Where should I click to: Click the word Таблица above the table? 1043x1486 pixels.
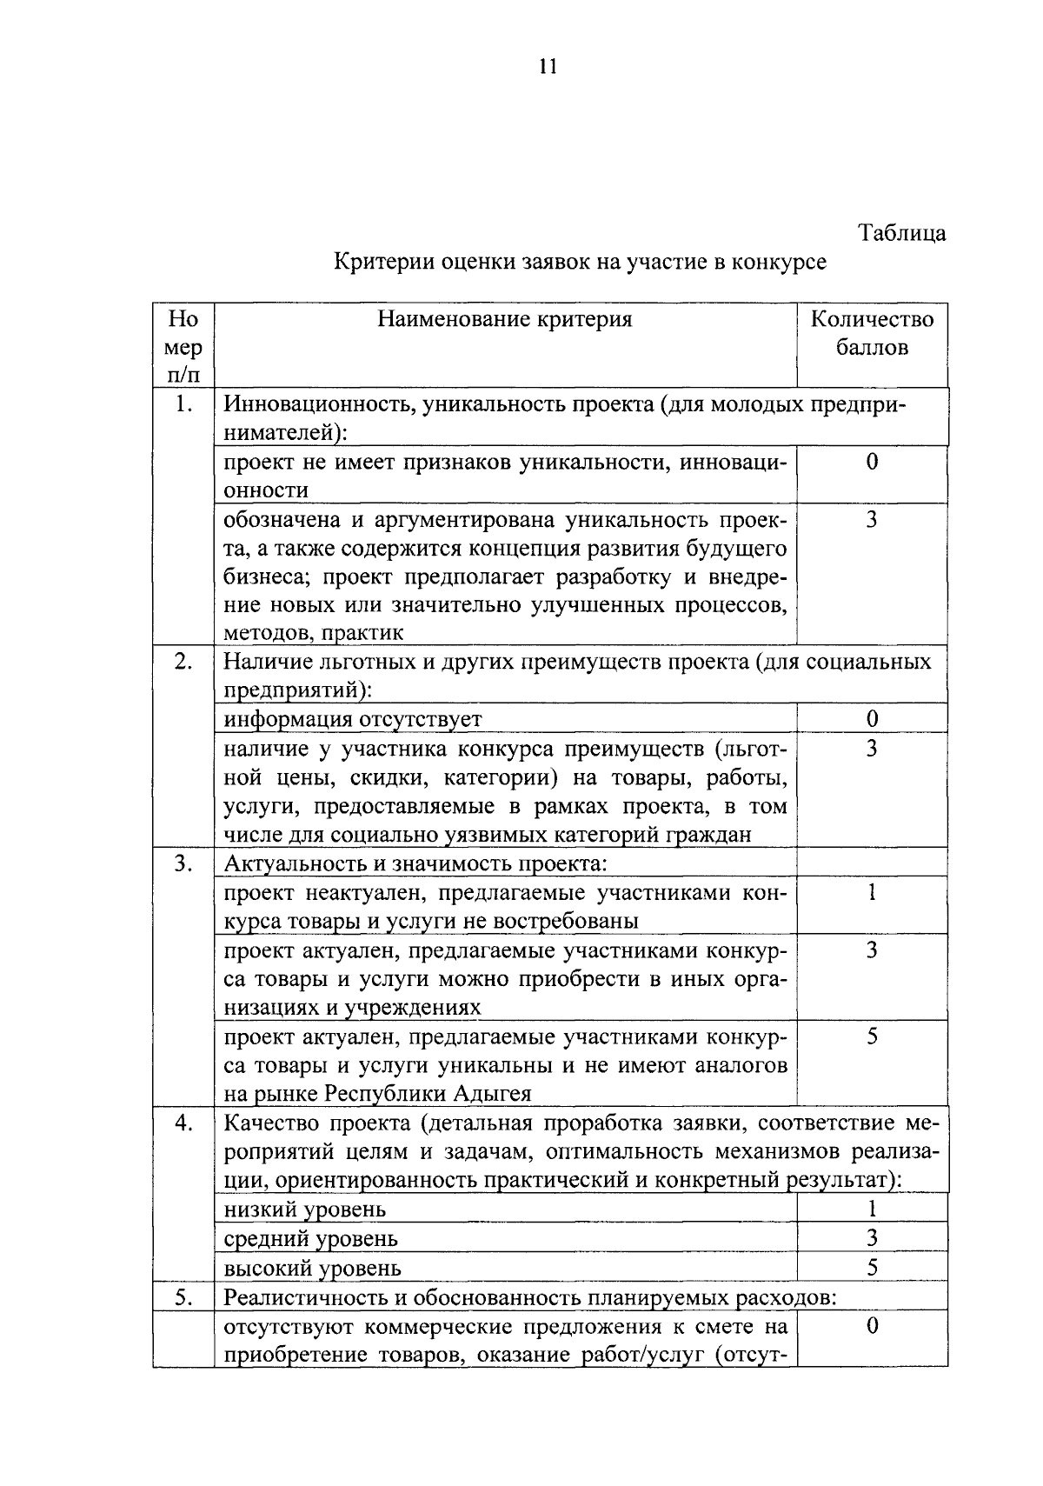click(x=901, y=233)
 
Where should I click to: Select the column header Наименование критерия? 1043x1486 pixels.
click(x=504, y=319)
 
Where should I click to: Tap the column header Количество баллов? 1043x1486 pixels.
click(x=872, y=333)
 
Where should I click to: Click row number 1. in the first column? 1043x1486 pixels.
click(x=182, y=403)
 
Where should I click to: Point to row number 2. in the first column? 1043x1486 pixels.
click(x=183, y=661)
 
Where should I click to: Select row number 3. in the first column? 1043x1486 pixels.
click(x=183, y=863)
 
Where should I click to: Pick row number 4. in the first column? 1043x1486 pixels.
click(x=183, y=1123)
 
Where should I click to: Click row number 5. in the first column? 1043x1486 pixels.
click(x=183, y=1297)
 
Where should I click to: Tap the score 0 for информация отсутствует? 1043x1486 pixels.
click(x=872, y=718)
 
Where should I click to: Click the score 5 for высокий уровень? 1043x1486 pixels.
click(x=872, y=1268)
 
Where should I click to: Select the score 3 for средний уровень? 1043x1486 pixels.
click(x=872, y=1238)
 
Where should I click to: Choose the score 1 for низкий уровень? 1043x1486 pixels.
click(x=872, y=1209)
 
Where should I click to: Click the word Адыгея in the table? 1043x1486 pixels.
click(x=491, y=1094)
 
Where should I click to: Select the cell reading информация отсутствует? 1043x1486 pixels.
click(x=352, y=719)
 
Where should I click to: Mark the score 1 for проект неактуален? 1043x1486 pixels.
click(x=872, y=893)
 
